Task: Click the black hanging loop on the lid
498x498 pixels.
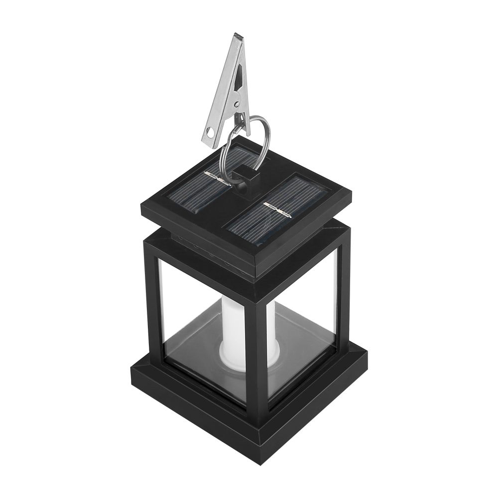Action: coord(245,179)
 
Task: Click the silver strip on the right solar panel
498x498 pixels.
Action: coord(278,211)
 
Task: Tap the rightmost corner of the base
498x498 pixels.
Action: coord(366,355)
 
